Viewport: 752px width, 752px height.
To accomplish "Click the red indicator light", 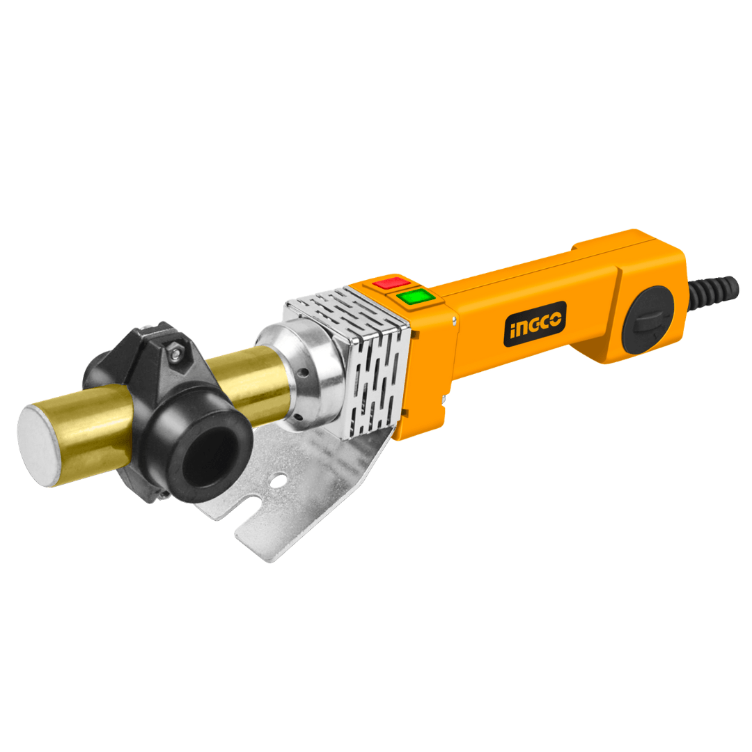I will (x=391, y=283).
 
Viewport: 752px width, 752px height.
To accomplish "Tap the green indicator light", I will (x=416, y=297).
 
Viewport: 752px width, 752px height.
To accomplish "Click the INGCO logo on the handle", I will (x=535, y=324).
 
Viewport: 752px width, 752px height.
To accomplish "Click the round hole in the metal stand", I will (x=279, y=480).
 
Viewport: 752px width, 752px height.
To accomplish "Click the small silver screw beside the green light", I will (x=453, y=320).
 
